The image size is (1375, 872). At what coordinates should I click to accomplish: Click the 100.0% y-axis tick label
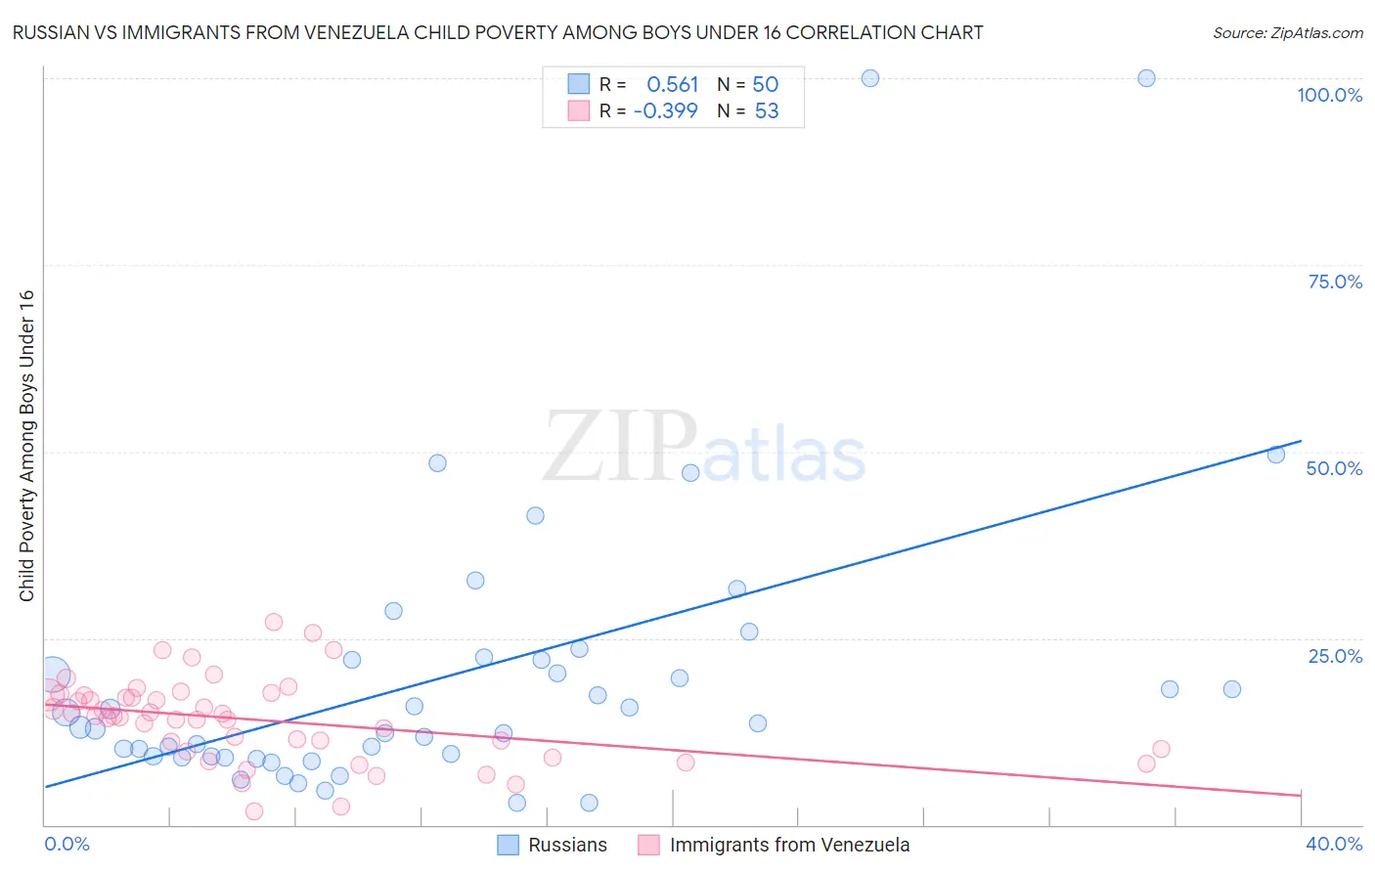[x=1329, y=95]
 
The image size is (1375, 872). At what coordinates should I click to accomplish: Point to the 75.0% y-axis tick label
[x=1335, y=282]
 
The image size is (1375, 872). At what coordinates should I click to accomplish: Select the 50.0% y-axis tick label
[x=1334, y=468]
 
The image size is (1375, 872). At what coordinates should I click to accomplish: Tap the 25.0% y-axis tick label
[x=1335, y=656]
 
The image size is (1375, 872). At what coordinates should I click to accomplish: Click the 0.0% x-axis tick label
[x=67, y=844]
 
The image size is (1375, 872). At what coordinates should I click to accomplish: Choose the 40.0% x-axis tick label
[x=1334, y=844]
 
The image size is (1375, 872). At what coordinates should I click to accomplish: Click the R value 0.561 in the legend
[x=673, y=85]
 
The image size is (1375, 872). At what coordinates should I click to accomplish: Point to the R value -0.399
[x=666, y=111]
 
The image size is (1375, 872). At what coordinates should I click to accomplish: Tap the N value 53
[x=767, y=111]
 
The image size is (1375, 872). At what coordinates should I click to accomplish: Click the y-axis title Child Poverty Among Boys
[x=26, y=446]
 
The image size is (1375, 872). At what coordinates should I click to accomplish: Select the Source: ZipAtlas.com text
[x=1287, y=33]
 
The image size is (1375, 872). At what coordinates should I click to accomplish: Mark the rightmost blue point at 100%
[x=1146, y=78]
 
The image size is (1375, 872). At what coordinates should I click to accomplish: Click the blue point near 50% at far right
[x=1276, y=454]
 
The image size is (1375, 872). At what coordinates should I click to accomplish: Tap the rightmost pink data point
[x=1161, y=750]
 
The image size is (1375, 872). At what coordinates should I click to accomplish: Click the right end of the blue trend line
[x=1301, y=441]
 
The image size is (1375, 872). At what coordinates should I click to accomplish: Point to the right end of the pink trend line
[x=1301, y=796]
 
